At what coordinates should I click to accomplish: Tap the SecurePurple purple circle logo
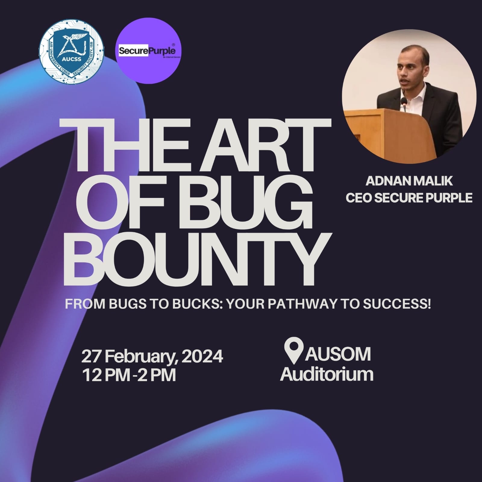click(x=148, y=51)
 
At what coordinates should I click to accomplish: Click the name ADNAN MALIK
click(x=409, y=181)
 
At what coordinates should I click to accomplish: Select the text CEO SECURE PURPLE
click(x=409, y=198)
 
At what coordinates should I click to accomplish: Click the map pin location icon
click(x=293, y=351)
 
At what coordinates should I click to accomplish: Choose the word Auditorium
click(x=327, y=374)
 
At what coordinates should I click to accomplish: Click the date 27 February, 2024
click(x=152, y=357)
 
